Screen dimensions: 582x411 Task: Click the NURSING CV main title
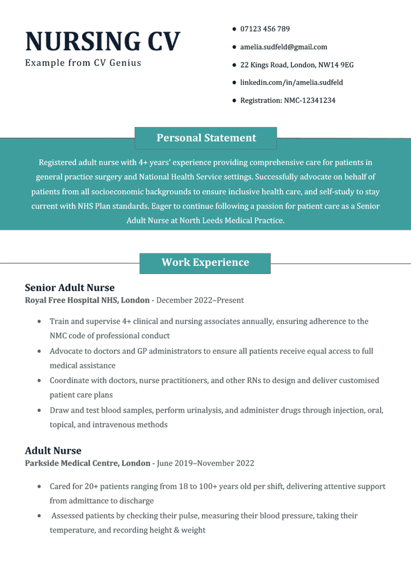point(103,41)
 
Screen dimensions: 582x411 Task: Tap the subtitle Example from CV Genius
point(83,63)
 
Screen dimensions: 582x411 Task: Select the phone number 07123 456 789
point(265,29)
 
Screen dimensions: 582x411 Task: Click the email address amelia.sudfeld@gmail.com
point(283,47)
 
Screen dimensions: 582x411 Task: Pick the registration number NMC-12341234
point(288,100)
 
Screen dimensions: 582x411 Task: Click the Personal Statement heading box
point(205,138)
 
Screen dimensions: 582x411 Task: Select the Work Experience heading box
point(205,263)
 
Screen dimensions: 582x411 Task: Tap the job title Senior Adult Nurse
point(70,287)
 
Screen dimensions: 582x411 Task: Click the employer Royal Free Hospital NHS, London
point(87,300)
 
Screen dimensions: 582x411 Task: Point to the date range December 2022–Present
point(200,300)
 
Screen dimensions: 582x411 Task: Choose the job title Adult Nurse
point(53,451)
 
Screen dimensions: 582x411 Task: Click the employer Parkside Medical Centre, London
point(88,463)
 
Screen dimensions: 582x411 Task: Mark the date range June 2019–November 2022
point(205,463)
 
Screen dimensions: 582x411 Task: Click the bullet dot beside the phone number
point(234,29)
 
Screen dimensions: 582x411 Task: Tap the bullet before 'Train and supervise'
point(39,321)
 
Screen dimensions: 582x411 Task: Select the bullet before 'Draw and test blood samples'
point(39,410)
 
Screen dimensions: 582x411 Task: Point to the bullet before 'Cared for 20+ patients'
point(39,486)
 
